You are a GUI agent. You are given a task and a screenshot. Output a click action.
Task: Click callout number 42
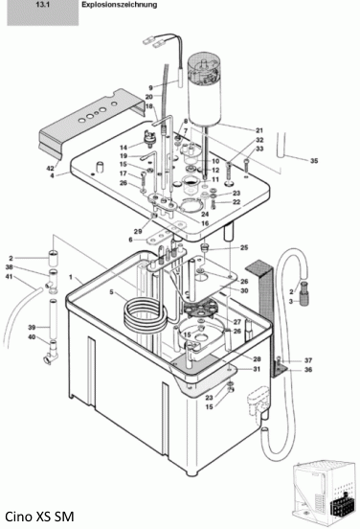(51, 169)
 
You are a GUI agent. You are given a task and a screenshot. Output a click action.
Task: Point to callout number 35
(313, 160)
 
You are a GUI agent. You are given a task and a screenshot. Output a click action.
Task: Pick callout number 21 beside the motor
(259, 129)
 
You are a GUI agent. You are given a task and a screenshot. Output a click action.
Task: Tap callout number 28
(256, 357)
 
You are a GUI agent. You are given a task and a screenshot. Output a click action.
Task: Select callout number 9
(149, 86)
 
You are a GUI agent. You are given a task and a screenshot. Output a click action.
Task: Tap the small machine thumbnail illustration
(323, 487)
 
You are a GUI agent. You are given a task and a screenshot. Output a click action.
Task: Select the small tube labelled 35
(280, 148)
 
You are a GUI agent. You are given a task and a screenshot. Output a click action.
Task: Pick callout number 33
(259, 149)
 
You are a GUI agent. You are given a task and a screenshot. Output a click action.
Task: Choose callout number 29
(138, 231)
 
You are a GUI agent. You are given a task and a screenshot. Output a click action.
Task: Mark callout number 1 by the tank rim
(70, 276)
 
